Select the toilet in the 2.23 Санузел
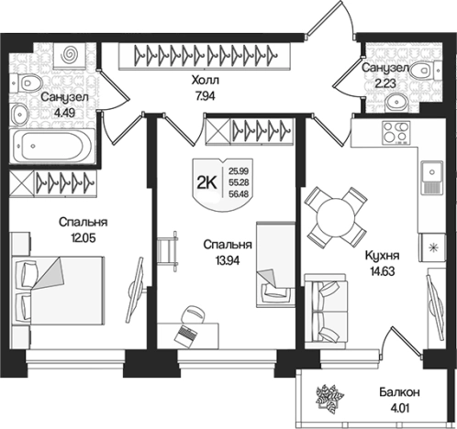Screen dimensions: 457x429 (x=425, y=71)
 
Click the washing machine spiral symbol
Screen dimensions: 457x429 (x=69, y=54)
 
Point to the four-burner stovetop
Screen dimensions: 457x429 (x=396, y=132)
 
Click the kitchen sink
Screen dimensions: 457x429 (x=432, y=178)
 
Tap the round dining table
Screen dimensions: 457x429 (x=336, y=217)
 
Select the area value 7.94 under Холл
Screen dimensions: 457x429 (x=206, y=96)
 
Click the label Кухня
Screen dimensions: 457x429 (x=382, y=256)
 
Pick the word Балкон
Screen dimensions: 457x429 (x=399, y=392)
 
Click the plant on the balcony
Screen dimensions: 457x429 (x=329, y=398)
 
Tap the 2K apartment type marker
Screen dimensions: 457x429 (x=207, y=182)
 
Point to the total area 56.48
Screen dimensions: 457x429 (x=239, y=193)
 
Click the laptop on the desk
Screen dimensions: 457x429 (x=185, y=335)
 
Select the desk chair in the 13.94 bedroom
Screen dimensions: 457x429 (x=193, y=314)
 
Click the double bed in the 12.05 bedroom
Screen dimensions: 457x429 (x=58, y=291)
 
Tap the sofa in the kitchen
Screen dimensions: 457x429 (x=326, y=311)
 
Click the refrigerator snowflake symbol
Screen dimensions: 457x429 (x=432, y=247)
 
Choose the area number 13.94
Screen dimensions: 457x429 (x=228, y=260)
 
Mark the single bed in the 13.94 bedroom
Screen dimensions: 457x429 (x=275, y=265)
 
